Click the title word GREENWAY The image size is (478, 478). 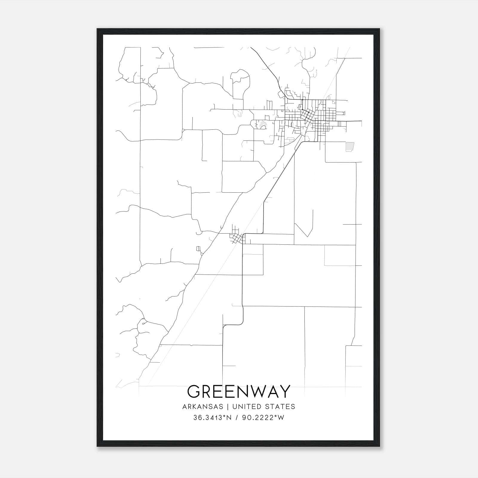[x=239, y=392]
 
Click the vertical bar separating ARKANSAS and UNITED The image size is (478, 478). [x=228, y=407]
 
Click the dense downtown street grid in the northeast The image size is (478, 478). [x=311, y=117]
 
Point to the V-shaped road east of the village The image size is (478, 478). [x=305, y=230]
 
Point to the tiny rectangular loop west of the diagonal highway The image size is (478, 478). [x=197, y=249]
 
